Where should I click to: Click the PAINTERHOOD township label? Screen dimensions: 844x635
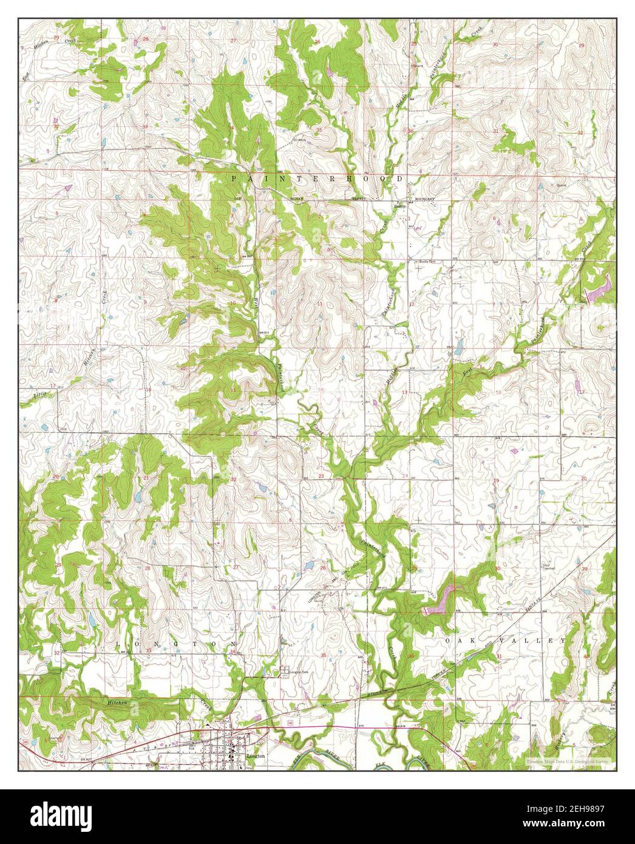(x=316, y=179)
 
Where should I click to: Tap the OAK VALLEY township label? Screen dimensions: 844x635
(x=505, y=641)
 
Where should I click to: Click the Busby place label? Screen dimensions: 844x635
(x=399, y=206)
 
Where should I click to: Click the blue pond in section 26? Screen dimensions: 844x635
(x=308, y=565)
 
